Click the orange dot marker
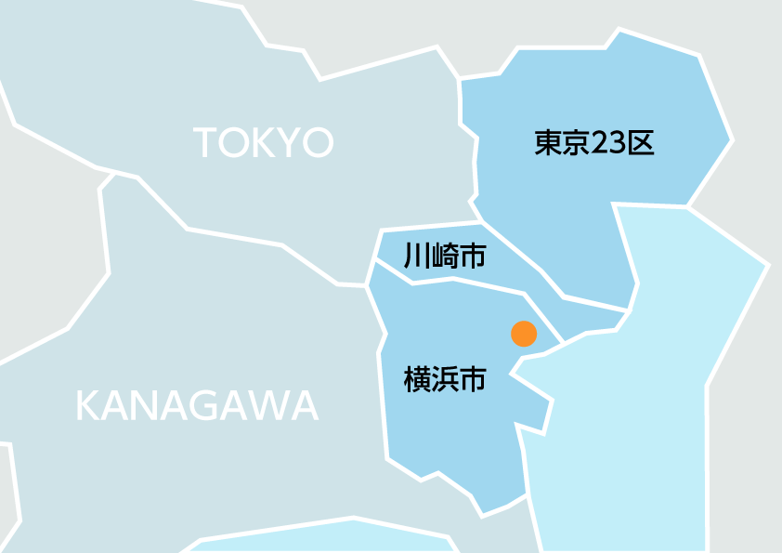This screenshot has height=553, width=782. tap(524, 334)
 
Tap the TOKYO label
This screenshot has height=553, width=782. tap(263, 143)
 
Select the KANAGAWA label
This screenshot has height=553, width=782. tap(197, 406)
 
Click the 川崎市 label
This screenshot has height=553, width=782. tap(445, 256)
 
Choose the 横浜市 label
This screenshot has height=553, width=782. tap(445, 379)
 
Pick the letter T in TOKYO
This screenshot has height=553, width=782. tap(205, 143)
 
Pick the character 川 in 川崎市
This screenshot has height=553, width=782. tap(417, 256)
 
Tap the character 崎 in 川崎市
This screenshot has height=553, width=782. tap(445, 256)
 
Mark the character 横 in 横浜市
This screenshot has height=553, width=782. tap(417, 379)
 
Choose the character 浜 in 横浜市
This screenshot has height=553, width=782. tap(445, 379)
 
